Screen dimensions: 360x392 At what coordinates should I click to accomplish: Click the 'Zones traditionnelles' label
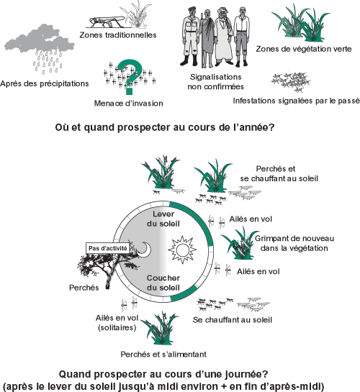click(x=118, y=35)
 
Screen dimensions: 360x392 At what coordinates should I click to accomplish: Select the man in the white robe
click(x=223, y=37)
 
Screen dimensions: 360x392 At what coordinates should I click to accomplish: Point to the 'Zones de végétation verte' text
click(x=303, y=49)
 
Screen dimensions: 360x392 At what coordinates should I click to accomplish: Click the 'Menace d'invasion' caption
click(x=129, y=104)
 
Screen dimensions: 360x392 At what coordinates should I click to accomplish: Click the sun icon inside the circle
click(x=182, y=250)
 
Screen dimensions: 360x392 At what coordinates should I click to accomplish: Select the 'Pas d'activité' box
click(x=108, y=248)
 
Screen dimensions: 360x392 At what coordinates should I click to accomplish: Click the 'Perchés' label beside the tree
click(x=84, y=288)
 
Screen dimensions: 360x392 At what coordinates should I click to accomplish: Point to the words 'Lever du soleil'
click(x=163, y=219)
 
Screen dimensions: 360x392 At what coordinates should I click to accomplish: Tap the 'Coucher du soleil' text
click(x=163, y=283)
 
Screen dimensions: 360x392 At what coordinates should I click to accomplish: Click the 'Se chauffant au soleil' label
click(x=232, y=320)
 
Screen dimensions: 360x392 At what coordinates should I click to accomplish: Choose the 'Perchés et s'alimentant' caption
click(x=163, y=355)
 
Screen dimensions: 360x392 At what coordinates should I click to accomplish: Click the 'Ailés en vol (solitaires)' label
click(x=117, y=322)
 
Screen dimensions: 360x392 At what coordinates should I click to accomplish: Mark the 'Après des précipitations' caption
click(x=45, y=83)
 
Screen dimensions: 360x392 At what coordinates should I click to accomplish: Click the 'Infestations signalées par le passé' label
click(x=297, y=101)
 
